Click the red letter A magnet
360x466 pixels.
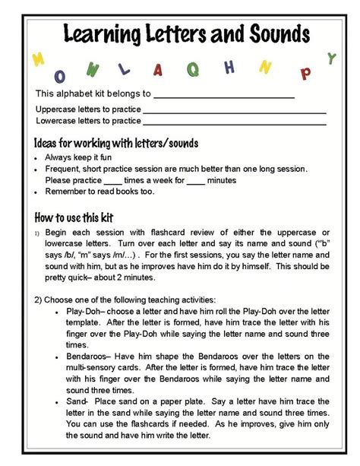tap(158, 70)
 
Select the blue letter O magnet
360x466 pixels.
tap(59, 76)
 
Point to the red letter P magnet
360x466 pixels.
tap(306, 73)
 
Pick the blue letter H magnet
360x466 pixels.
tap(229, 68)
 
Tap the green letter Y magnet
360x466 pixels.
tap(330, 58)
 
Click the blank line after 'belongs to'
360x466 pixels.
tap(223, 97)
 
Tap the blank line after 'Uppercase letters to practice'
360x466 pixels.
tap(235, 111)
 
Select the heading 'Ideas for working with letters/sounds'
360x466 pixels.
tap(106, 143)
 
